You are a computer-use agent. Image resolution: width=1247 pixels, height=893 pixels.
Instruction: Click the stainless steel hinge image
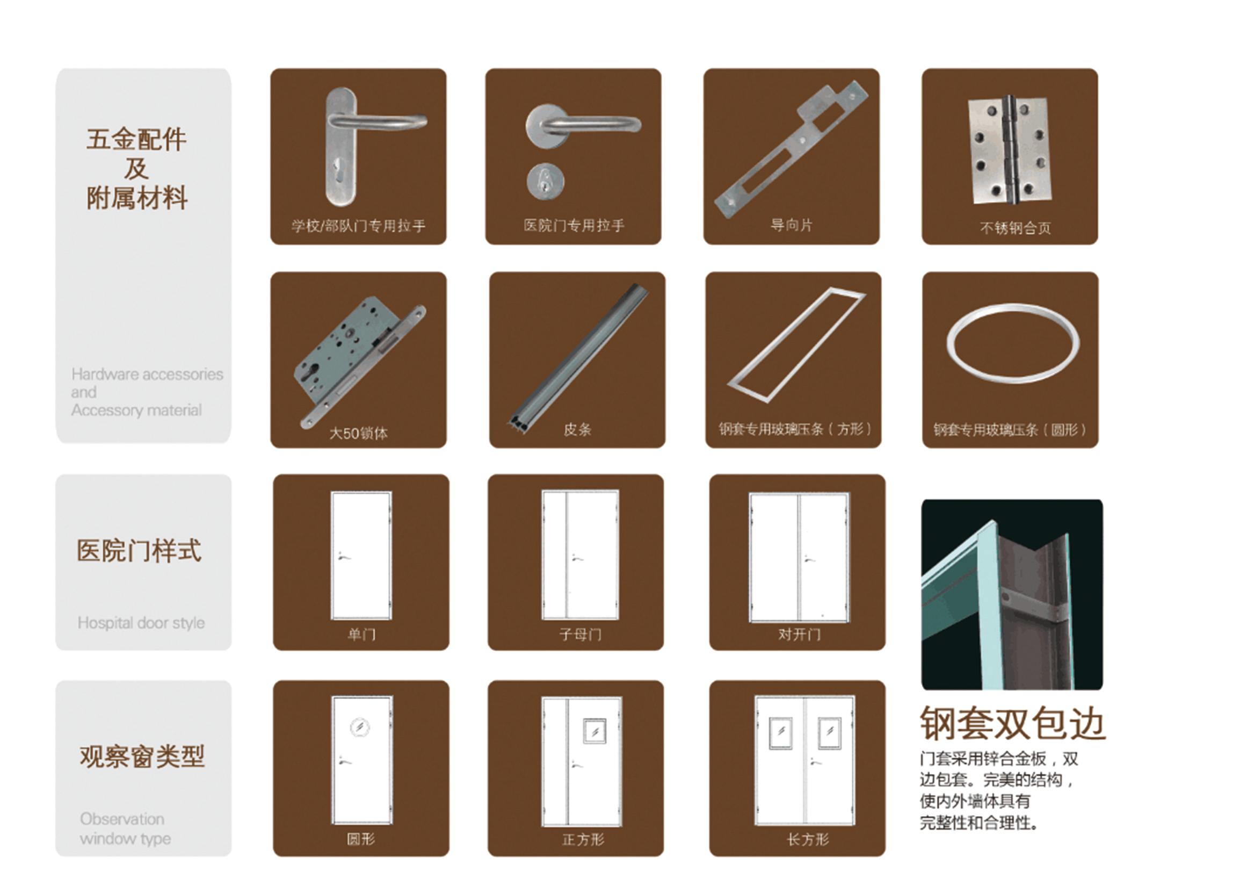click(x=1010, y=149)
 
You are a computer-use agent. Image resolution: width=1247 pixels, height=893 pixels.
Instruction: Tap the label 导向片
click(x=791, y=225)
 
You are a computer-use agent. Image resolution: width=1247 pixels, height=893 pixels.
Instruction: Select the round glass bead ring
click(x=1012, y=344)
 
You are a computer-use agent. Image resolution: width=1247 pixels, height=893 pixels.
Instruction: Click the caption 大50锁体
click(x=358, y=433)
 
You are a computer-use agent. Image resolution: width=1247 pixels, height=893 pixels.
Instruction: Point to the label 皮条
click(x=577, y=429)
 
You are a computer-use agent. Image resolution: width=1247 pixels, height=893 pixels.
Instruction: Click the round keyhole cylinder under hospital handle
click(x=545, y=181)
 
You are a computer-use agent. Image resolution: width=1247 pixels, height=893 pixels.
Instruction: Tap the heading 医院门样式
click(x=139, y=550)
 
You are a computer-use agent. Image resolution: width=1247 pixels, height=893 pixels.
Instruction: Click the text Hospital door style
click(x=141, y=623)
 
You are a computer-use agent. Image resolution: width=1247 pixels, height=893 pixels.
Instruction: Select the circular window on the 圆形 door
click(x=360, y=728)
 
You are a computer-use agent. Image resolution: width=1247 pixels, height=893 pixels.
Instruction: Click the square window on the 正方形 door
click(x=595, y=731)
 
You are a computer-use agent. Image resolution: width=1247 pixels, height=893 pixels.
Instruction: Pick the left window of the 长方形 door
click(x=781, y=732)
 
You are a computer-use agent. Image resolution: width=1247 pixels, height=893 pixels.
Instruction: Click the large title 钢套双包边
click(x=1012, y=724)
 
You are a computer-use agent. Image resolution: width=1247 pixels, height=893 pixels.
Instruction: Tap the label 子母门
click(x=581, y=635)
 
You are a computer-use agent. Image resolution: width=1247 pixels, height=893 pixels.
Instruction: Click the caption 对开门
click(x=800, y=635)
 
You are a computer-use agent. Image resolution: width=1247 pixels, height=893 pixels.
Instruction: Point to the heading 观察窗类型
click(x=142, y=757)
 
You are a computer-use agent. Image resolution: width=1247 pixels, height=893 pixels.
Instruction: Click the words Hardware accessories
click(x=147, y=375)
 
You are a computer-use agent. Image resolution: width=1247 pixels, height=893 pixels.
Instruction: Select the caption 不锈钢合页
click(x=1015, y=228)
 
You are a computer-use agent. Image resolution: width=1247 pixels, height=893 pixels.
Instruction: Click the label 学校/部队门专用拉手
click(x=358, y=226)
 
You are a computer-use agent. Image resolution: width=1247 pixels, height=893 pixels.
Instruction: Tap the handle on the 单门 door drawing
click(x=345, y=557)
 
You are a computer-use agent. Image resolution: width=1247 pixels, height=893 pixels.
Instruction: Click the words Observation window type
click(x=125, y=829)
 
